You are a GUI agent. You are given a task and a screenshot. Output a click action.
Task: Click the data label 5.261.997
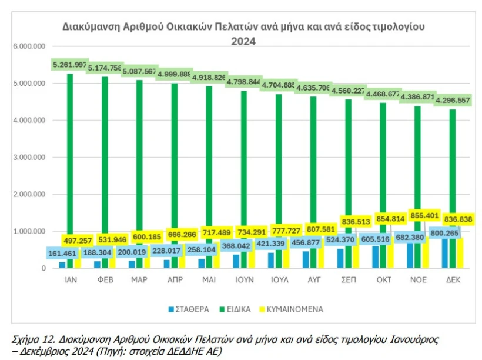tap(70, 65)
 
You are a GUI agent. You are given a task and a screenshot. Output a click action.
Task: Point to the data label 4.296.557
tap(453, 100)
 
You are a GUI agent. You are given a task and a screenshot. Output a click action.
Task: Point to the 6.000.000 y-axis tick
tap(29, 46)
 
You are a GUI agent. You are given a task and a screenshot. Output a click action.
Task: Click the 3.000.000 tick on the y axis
tap(29, 158)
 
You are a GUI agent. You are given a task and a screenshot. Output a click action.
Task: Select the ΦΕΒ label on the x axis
tap(105, 281)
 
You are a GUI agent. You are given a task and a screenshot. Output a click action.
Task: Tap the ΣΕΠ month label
tap(348, 281)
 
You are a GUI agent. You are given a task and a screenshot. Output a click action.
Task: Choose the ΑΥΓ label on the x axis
tap(313, 281)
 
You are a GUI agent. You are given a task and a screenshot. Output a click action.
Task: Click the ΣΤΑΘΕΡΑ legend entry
tap(189, 308)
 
